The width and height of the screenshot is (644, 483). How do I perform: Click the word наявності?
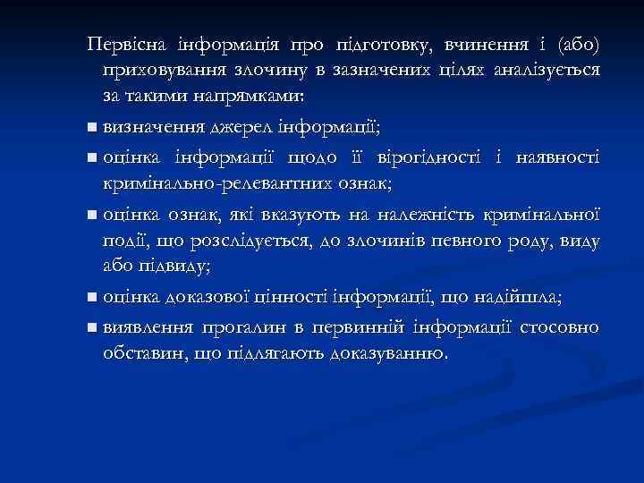[555, 158]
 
